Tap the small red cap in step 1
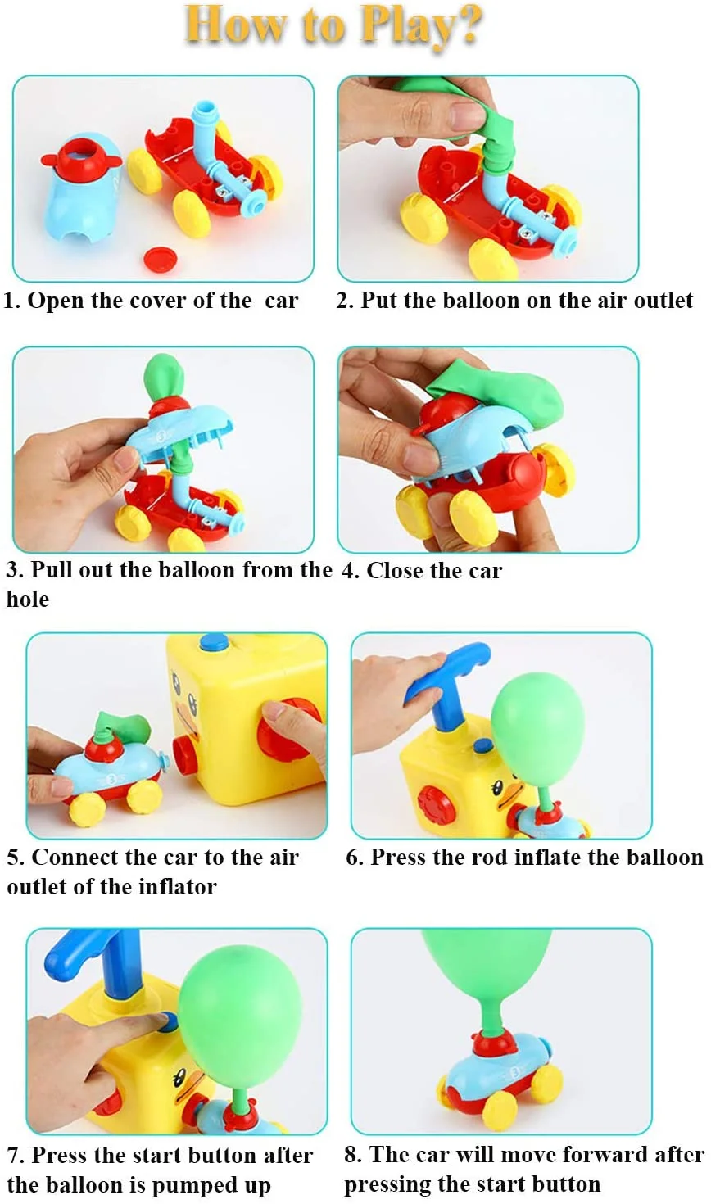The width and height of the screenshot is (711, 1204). [x=160, y=259]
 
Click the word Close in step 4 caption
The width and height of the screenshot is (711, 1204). [x=395, y=570]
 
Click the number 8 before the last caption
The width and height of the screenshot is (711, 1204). [x=352, y=1155]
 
